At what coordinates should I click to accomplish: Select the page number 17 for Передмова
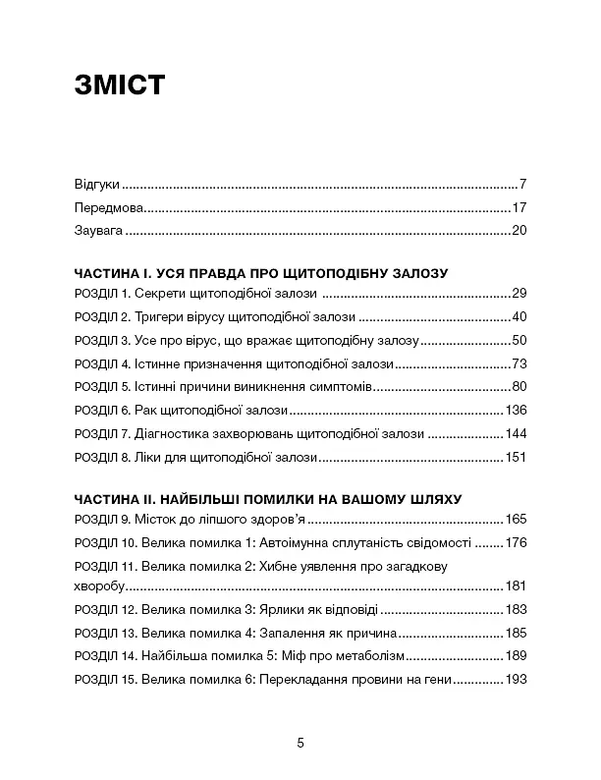click(520, 208)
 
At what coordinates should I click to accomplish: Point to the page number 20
click(520, 232)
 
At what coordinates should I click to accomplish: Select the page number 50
click(520, 341)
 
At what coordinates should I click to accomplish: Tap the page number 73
click(520, 363)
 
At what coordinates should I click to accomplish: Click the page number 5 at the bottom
click(300, 744)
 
